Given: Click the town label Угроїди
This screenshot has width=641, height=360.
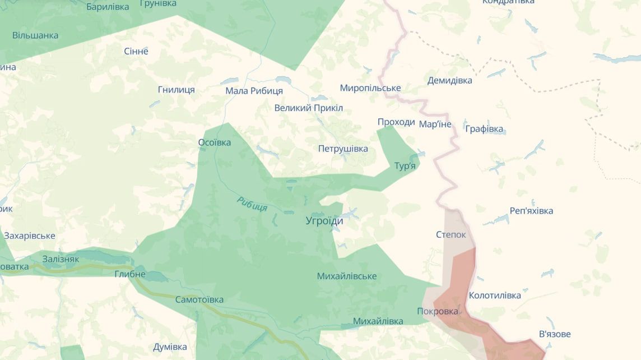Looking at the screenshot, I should (324, 221).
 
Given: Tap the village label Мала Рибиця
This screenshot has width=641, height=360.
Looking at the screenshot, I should (254, 91).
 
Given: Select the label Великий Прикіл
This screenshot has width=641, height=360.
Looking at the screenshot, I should (308, 108).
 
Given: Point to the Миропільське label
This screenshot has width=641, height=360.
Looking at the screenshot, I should (370, 88).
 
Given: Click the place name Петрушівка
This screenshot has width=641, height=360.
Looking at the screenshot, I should (343, 149).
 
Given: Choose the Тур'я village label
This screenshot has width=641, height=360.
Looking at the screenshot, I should (405, 166).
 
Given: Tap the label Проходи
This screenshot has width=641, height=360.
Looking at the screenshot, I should (396, 122).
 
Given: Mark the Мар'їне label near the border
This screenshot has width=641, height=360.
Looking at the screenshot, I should (435, 124).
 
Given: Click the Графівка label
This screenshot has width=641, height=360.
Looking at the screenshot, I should (485, 129).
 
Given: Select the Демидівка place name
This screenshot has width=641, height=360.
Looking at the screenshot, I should (449, 80).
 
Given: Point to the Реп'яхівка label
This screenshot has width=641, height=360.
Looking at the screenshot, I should (531, 211).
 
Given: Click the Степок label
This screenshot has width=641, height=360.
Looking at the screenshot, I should (450, 234).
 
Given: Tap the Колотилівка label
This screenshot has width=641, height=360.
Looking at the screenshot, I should (495, 296).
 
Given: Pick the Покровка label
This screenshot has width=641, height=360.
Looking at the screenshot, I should (438, 311).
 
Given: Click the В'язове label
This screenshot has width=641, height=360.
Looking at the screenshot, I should (555, 334).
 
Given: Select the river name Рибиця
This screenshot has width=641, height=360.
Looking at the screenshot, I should (252, 204).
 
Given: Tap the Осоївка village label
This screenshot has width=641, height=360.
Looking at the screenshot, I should (215, 142).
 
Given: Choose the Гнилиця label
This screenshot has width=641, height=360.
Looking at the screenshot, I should (176, 90).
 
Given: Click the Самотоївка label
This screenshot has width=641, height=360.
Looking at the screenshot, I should (199, 299).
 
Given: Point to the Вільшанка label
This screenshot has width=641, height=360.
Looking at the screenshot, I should (35, 35).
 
